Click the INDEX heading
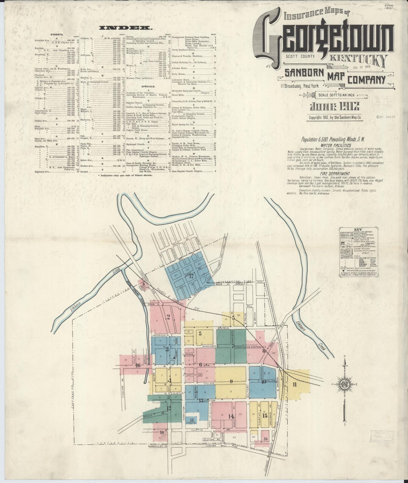click(x=126, y=28)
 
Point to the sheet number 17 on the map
click(x=192, y=276)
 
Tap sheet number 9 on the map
click(x=231, y=382)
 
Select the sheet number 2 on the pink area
click(x=168, y=317)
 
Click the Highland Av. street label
click(x=123, y=387)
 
